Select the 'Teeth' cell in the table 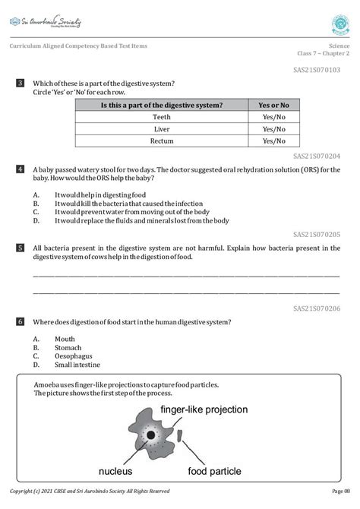click(x=161, y=117)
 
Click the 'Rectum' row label click(x=161, y=141)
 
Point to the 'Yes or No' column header click(x=274, y=105)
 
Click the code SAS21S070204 click(x=316, y=156)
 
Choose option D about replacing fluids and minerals click(x=141, y=221)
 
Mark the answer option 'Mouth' click(x=65, y=339)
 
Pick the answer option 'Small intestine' click(x=77, y=364)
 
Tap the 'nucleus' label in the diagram click(x=111, y=471)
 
